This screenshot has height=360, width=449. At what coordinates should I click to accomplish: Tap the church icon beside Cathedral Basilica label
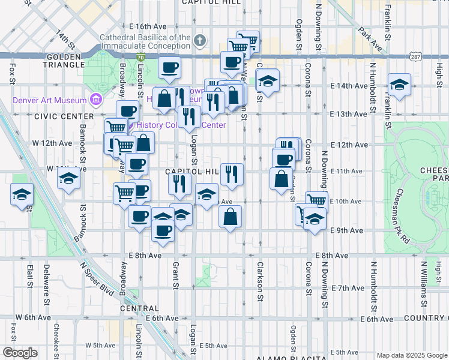200,41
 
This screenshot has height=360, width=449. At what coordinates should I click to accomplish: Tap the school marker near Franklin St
399,85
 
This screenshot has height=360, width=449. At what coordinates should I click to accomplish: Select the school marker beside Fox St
22,195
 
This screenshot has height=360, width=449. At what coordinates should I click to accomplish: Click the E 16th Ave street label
147,27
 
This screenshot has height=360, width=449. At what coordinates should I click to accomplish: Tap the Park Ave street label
369,37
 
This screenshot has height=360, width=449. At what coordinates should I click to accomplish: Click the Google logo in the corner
20,352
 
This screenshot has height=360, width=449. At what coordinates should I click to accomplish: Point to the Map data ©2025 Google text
411,355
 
